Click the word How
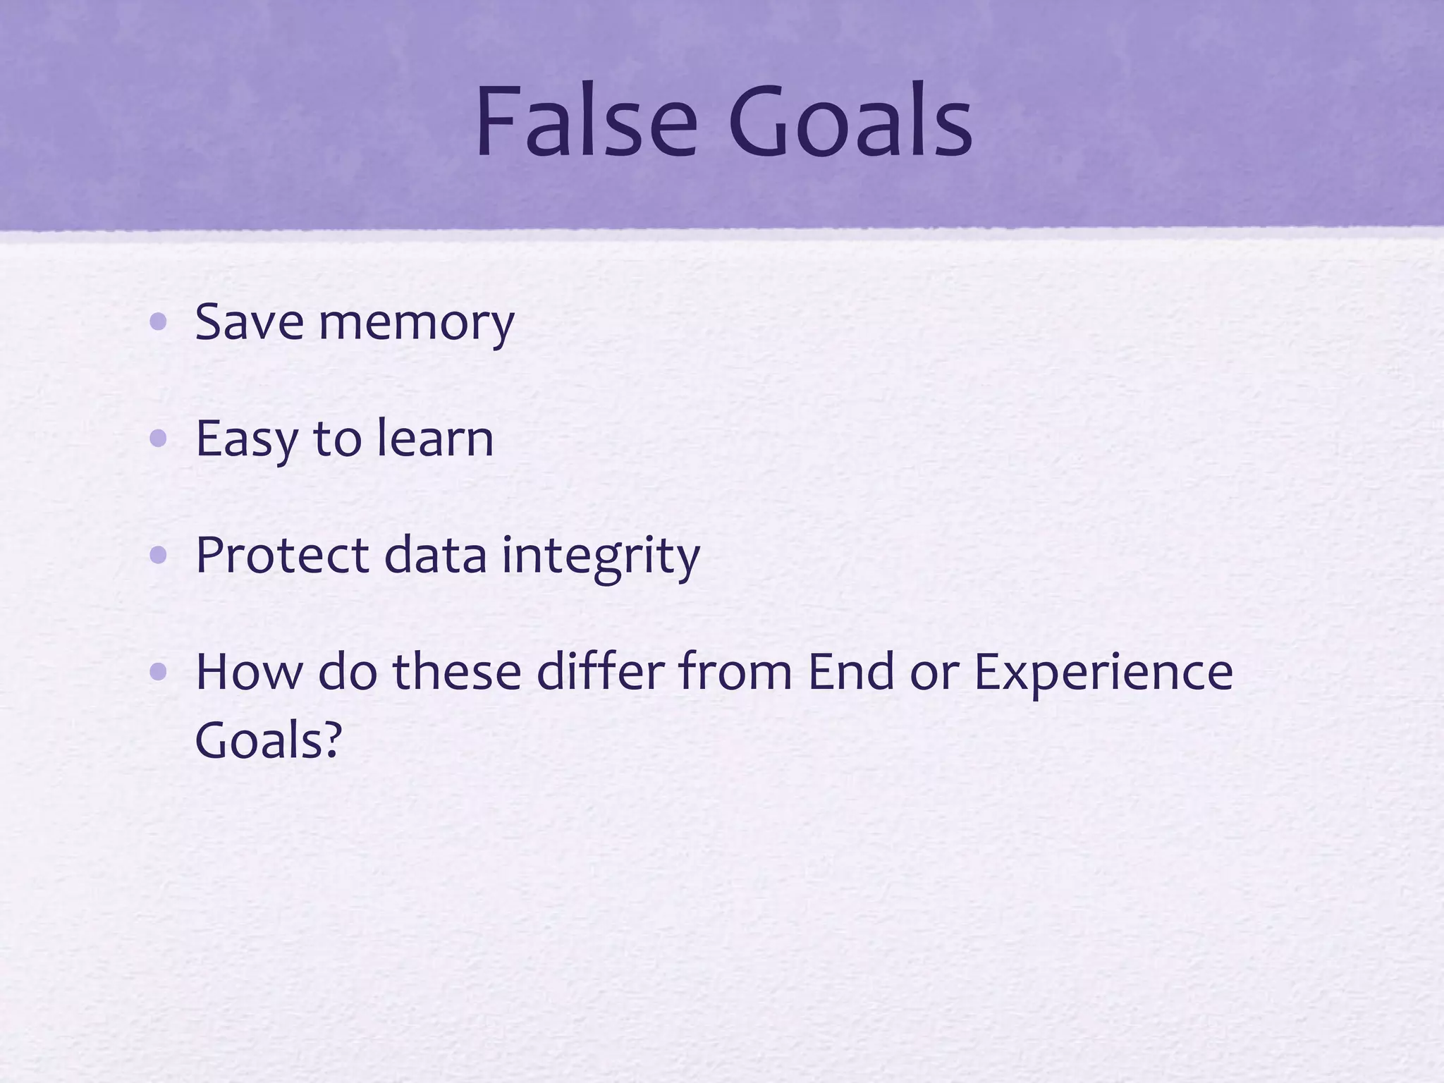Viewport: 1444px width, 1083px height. pyautogui.click(x=247, y=671)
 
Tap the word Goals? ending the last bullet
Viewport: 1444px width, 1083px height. pyautogui.click(x=268, y=740)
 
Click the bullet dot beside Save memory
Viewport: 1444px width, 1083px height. pyautogui.click(x=159, y=323)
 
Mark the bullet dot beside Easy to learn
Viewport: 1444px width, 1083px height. pyautogui.click(x=159, y=439)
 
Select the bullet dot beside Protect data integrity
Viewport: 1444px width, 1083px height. pyautogui.click(x=159, y=556)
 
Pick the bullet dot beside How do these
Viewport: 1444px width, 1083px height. pyautogui.click(x=159, y=672)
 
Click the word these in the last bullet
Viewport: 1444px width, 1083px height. pyautogui.click(x=456, y=671)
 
